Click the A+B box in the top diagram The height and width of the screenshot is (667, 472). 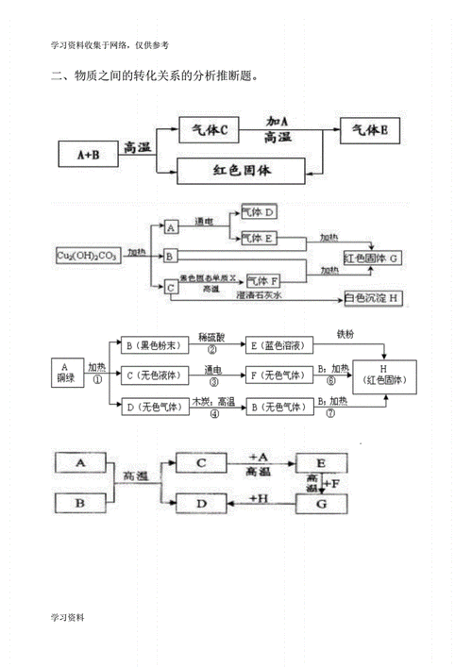tap(86, 152)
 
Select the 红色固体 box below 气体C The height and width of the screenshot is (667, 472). tap(243, 171)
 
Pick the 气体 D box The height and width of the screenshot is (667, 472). tap(259, 212)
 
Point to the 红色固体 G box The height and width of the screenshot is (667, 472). tap(373, 257)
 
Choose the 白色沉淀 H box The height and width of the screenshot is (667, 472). tap(373, 298)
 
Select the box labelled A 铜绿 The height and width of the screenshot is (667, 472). tap(63, 373)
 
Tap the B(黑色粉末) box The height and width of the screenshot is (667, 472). tap(151, 346)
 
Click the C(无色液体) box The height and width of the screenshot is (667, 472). tap(151, 375)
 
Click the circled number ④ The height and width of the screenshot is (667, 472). tap(214, 413)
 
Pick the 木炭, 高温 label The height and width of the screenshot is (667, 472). tap(212, 401)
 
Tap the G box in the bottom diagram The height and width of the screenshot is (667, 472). tap(323, 504)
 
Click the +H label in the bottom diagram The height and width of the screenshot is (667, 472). tap(257, 496)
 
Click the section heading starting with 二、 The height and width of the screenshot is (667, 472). tap(155, 76)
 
